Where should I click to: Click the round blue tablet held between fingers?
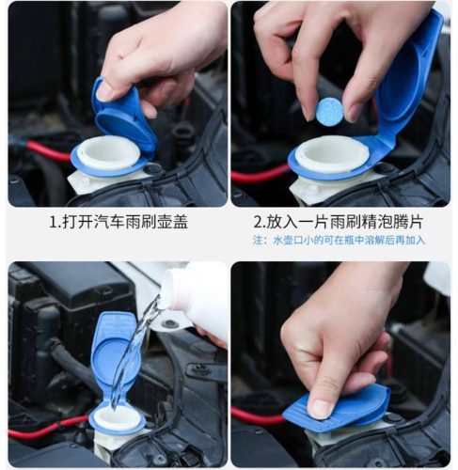tap(328, 110)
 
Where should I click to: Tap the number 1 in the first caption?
tap(54, 222)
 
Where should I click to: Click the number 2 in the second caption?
tap(258, 222)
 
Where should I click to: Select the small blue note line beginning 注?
tap(340, 241)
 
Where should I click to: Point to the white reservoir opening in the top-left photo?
tap(108, 153)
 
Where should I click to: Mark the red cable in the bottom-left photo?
tap(47, 427)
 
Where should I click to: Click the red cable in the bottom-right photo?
tap(257, 415)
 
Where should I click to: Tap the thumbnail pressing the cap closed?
tap(320, 409)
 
